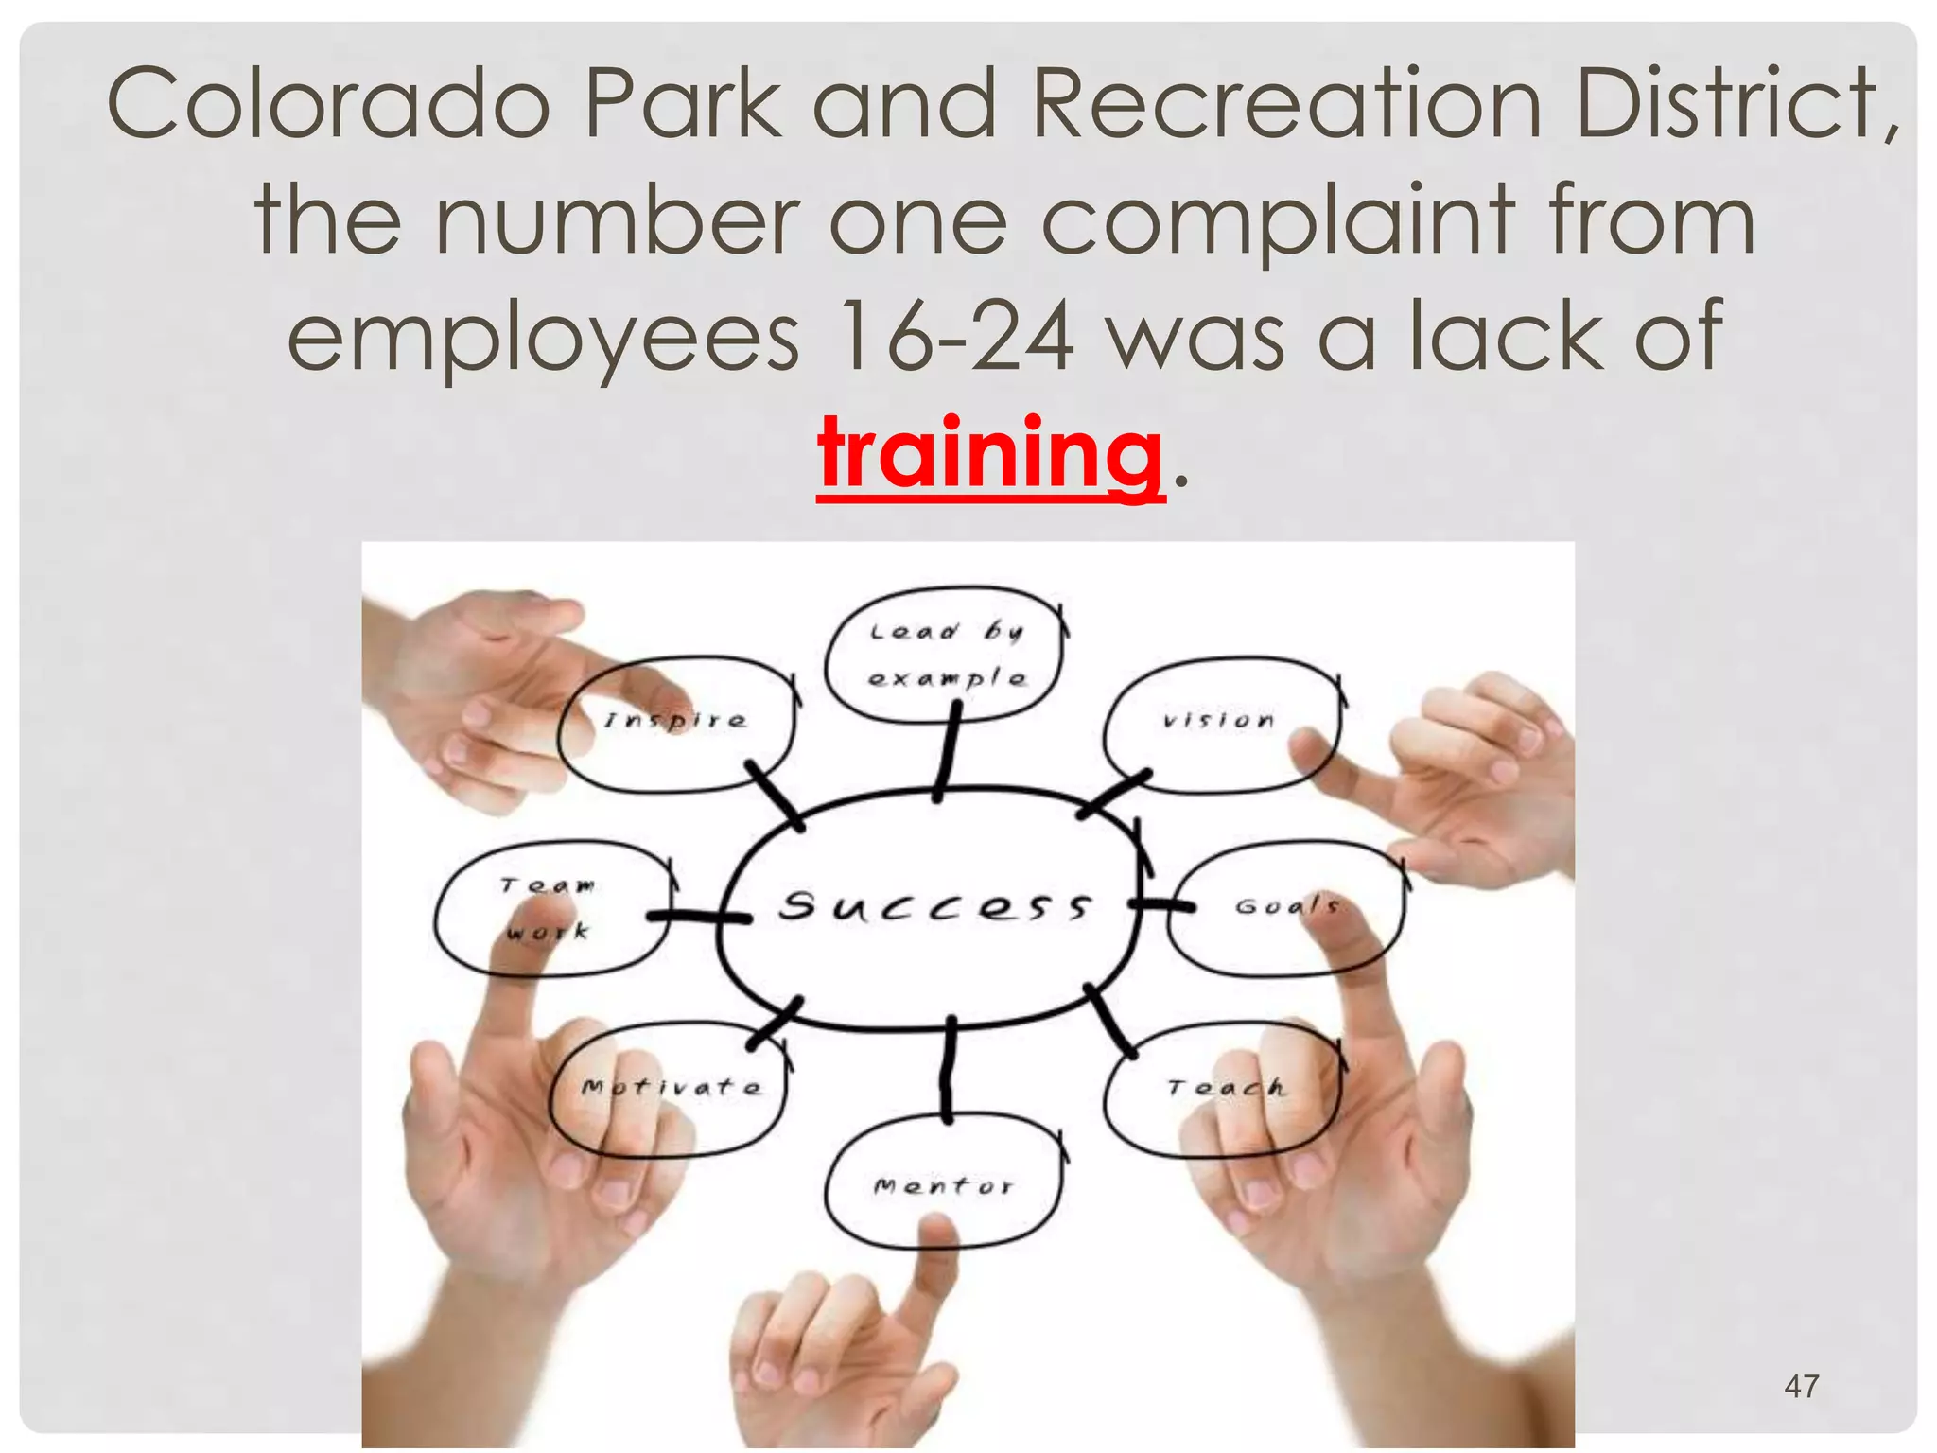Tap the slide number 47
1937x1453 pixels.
tap(1801, 1387)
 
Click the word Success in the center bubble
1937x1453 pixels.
tap(934, 906)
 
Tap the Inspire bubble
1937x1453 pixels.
tap(675, 723)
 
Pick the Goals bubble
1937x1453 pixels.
tap(1286, 906)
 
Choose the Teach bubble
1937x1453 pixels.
tap(1224, 1088)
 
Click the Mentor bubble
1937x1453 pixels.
tap(944, 1184)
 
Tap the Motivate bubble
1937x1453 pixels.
tap(670, 1088)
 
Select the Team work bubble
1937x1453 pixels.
tap(550, 908)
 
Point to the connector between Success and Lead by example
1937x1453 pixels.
tap(946, 755)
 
